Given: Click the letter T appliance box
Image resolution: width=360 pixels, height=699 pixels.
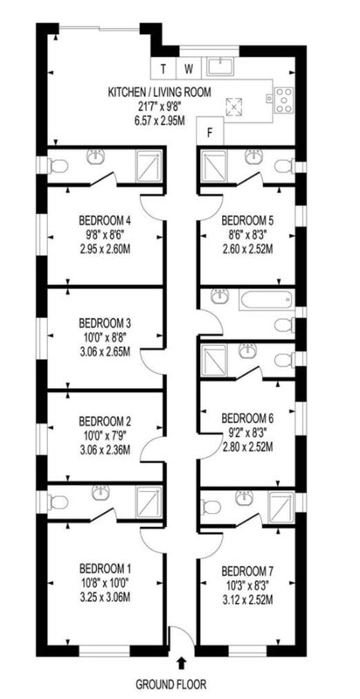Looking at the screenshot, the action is pos(163,69).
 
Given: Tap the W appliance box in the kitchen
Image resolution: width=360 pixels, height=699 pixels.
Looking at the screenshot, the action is pos(190,69).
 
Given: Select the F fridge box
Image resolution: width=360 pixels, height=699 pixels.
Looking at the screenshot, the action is pos(210,131).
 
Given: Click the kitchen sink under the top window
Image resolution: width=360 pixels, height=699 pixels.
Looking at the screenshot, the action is pos(220,67).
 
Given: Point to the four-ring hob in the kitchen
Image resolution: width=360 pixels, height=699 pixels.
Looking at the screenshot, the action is pos(284,100).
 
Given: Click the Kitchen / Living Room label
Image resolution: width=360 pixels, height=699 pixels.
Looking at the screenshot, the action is pos(159,93).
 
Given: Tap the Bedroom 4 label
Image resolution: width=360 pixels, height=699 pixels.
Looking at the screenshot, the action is pos(105,220).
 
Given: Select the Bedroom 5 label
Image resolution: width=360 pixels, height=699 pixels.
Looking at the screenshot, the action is pos(247,220).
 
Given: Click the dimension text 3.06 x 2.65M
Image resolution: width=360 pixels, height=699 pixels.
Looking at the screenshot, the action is pos(105,352).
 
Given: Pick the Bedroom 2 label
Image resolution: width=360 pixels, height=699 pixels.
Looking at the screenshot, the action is pos(105,421).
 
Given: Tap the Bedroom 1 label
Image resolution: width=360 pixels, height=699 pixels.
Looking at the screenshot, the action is pos(105,569).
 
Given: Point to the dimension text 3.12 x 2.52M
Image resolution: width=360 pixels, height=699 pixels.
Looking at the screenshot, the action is pos(247,600).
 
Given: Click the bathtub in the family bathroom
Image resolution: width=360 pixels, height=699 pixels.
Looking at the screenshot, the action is pos(267,300).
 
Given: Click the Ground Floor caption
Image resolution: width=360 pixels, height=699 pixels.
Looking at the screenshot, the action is pos(171,683).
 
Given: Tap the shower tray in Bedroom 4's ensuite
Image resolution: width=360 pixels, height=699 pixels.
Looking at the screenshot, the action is pos(149,166).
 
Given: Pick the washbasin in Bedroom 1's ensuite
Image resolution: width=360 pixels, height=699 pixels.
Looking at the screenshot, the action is pos(100,493).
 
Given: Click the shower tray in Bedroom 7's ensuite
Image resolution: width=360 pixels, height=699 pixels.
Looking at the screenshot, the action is pos(280,507).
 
